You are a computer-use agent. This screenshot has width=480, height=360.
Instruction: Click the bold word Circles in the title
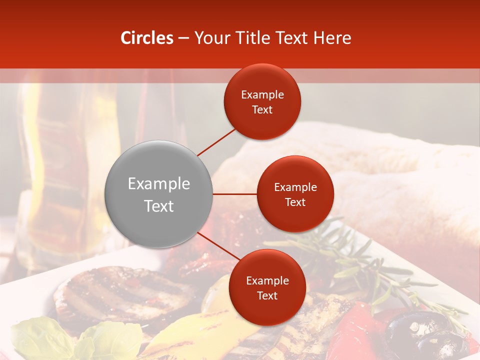pos(147,38)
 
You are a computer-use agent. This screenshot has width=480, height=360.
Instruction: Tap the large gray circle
pos(159,194)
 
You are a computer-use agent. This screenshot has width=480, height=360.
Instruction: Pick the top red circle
pos(262,102)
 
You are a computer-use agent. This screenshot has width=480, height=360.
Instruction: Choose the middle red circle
pos(295,194)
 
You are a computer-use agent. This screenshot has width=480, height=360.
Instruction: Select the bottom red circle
pos(267,287)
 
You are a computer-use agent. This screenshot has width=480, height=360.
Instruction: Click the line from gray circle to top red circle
pos(217,141)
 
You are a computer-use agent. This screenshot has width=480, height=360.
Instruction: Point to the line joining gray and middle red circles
pos(235,194)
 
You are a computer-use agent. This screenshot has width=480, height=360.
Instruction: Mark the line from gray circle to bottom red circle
pos(218,246)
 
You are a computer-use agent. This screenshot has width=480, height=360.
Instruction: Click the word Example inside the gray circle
pos(159,184)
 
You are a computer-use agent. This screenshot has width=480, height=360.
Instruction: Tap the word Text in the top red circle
pos(262,110)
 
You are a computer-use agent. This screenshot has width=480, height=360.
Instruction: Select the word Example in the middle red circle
pos(295,187)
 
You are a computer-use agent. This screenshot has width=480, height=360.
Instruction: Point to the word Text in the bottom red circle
pos(267,296)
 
